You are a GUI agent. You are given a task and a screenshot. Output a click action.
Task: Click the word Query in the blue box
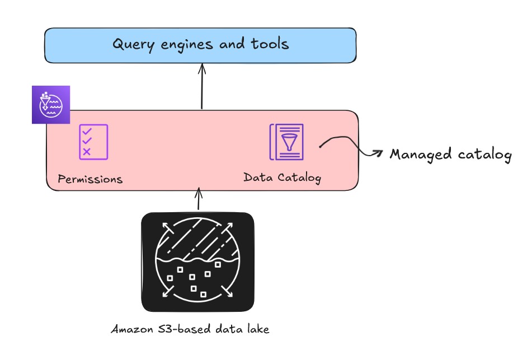pyautogui.click(x=133, y=44)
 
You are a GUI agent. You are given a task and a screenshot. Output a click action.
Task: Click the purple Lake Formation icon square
pyautogui.click(x=50, y=105)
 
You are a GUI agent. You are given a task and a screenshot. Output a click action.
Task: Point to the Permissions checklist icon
pyautogui.click(x=93, y=142)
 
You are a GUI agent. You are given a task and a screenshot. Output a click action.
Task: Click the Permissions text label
pyautogui.click(x=90, y=180)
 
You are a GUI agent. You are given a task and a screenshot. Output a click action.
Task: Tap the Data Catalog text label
pyautogui.click(x=283, y=177)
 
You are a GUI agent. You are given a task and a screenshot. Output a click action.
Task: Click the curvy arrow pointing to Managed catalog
pyautogui.click(x=350, y=145)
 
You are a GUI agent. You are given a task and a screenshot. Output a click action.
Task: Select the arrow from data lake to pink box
pyautogui.click(x=198, y=200)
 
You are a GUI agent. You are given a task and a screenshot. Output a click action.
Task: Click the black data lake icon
pyautogui.click(x=197, y=261)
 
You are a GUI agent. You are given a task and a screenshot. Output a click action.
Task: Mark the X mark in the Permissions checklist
pyautogui.click(x=87, y=152)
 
